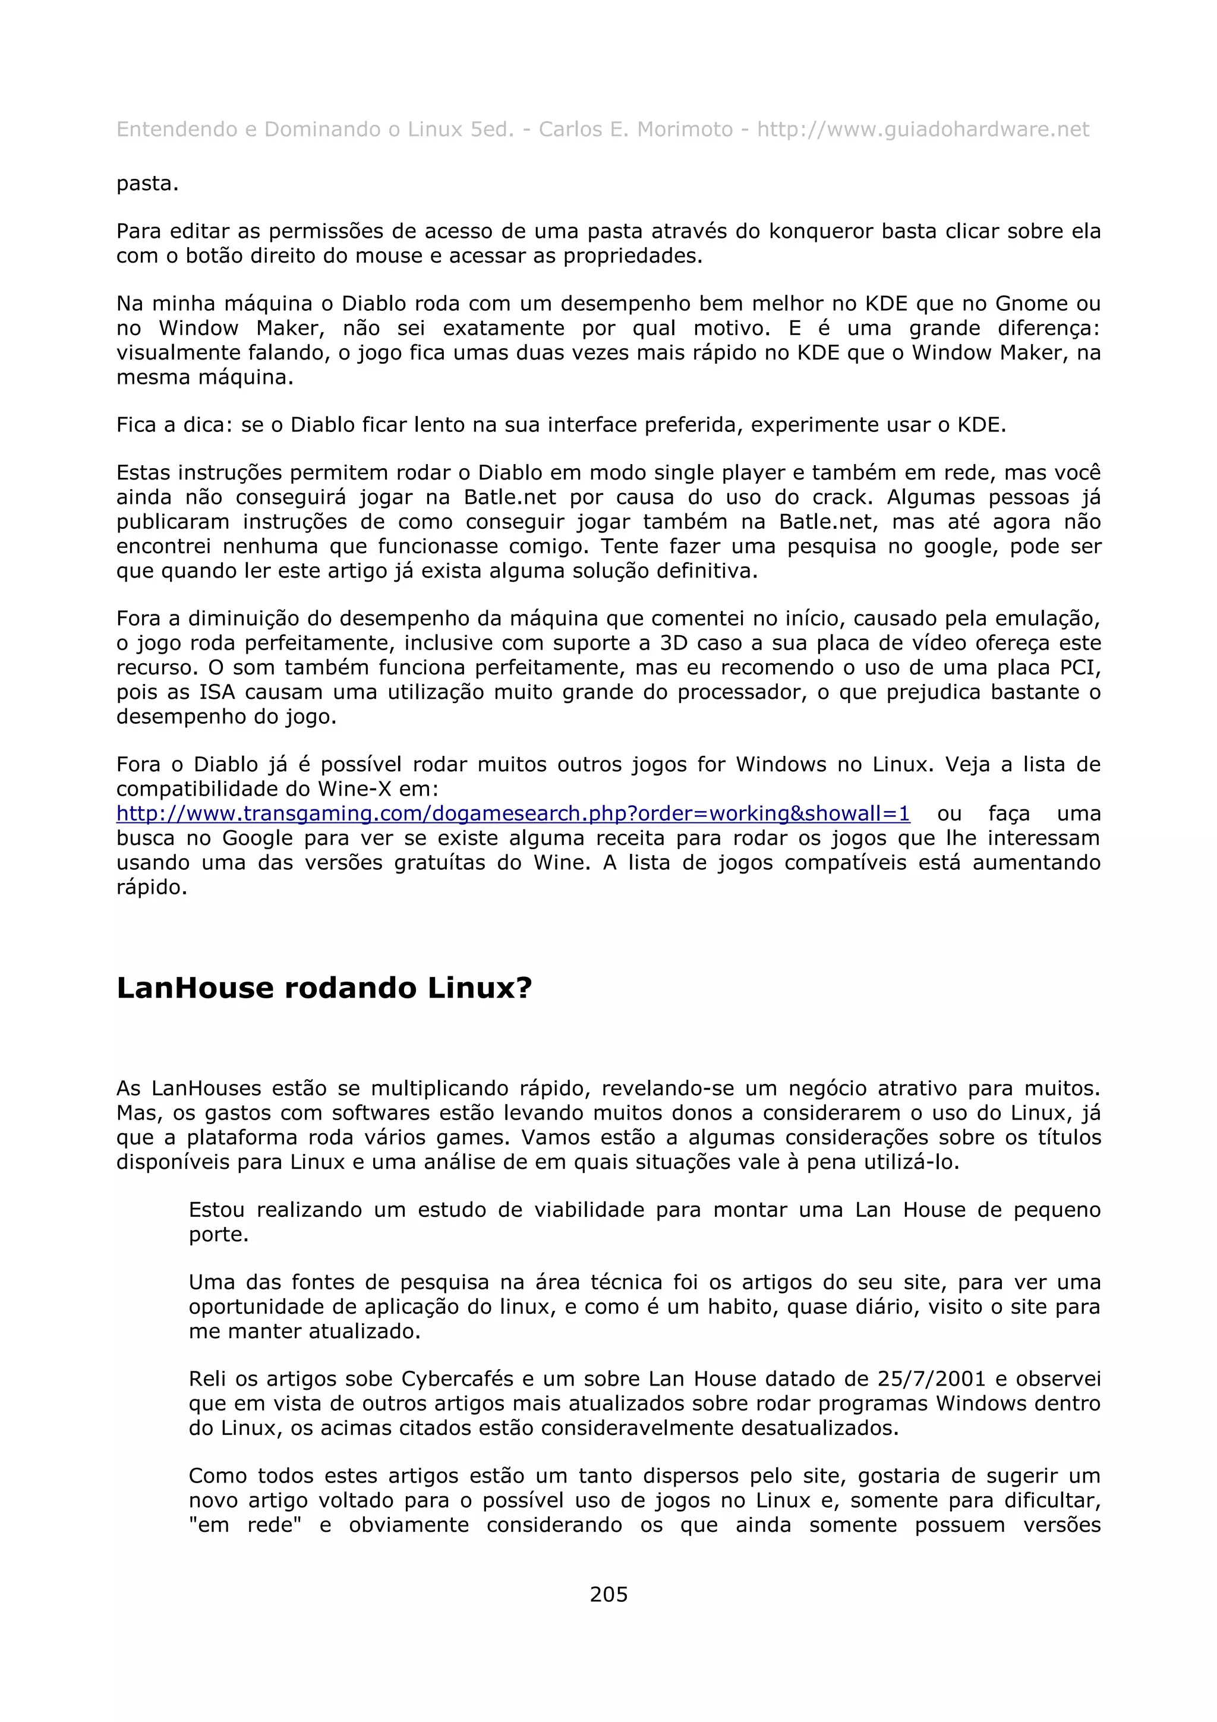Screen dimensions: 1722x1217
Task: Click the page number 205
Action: (x=608, y=1594)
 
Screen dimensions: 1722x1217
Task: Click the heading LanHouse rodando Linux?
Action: (x=324, y=988)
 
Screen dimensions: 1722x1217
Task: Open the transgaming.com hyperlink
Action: (x=513, y=813)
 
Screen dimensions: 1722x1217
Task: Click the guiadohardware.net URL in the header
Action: (x=922, y=130)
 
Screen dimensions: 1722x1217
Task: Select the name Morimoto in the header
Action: (x=685, y=130)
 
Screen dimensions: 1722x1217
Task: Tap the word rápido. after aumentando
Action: (x=152, y=887)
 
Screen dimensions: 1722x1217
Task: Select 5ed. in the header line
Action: (x=491, y=130)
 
